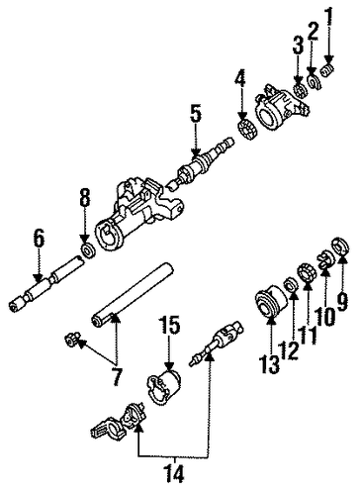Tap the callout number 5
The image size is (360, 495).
click(196, 114)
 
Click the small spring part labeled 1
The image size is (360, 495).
click(327, 71)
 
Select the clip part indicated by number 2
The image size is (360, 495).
click(314, 82)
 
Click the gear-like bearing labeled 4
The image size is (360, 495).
click(246, 130)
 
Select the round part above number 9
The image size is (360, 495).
click(340, 247)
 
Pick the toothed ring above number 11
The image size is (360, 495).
click(307, 272)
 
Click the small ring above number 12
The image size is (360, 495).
click(290, 284)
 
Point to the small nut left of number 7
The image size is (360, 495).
click(71, 339)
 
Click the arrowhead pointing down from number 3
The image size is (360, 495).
click(299, 80)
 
